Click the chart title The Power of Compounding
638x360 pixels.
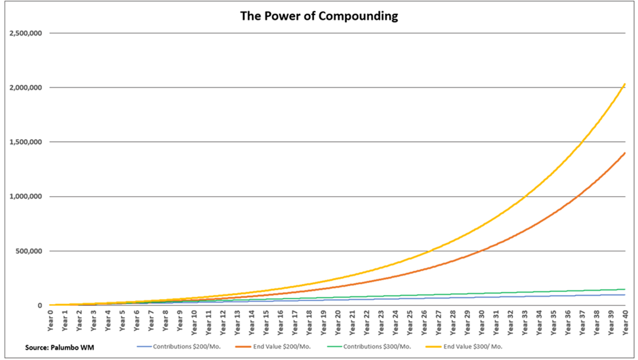(319, 16)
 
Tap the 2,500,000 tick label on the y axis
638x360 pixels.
(26, 33)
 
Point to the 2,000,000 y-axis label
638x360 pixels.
(26, 88)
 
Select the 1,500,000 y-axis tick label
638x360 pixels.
(26, 142)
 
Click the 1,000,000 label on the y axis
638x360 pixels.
(26, 196)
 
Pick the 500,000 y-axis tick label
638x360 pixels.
(28, 251)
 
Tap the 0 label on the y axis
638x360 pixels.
(40, 305)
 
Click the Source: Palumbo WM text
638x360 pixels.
(60, 347)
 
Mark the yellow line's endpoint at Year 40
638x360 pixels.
(625, 84)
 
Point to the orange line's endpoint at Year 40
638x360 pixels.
(625, 153)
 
